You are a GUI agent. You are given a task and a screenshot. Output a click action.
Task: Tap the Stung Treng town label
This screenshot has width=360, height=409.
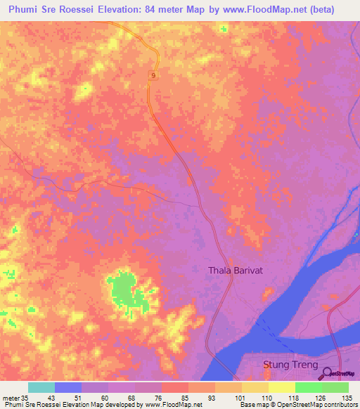tap(290, 365)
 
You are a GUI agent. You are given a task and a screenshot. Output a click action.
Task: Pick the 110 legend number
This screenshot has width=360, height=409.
tap(263, 398)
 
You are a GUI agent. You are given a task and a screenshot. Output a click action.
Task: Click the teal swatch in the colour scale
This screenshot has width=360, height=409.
tap(41, 387)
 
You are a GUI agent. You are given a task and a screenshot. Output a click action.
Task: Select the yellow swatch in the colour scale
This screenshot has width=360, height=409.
tap(281, 387)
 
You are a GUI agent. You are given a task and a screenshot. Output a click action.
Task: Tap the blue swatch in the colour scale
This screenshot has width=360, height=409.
tap(68, 387)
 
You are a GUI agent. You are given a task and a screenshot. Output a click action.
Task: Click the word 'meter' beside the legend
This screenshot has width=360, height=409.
tap(8, 398)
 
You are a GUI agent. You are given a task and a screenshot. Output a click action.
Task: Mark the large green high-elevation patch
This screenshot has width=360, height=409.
tap(124, 290)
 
